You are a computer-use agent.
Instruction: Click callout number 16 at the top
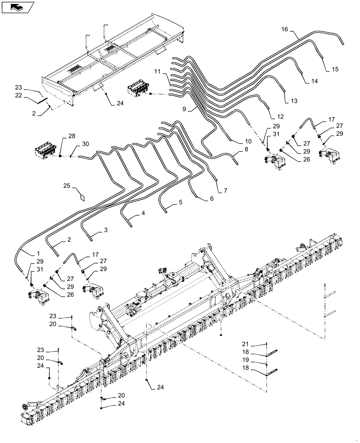point(285,29)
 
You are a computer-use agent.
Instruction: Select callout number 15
point(335,69)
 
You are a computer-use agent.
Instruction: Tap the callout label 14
point(315,82)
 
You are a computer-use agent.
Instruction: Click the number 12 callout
point(280,117)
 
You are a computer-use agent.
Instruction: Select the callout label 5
point(180,202)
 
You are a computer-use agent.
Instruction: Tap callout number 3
point(105,230)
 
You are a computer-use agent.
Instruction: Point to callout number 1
point(35,254)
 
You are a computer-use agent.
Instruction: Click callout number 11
point(158,71)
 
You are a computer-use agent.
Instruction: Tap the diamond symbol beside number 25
point(81,196)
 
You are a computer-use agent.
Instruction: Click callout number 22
point(30,95)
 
